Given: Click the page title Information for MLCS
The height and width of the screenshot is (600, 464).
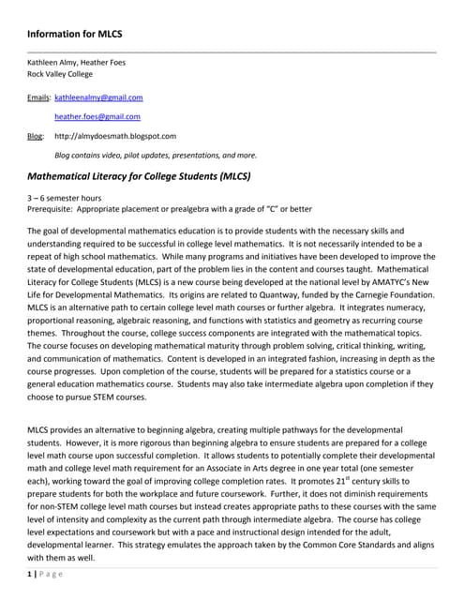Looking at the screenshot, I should click(75, 35).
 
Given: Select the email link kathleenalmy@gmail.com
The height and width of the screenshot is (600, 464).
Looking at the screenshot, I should click(98, 97).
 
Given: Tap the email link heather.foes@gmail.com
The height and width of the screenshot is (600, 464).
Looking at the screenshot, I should click(97, 117).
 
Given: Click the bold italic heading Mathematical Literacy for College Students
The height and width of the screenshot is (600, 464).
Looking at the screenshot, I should click(139, 175).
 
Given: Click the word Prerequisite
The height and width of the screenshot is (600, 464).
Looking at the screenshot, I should click(52, 209).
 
